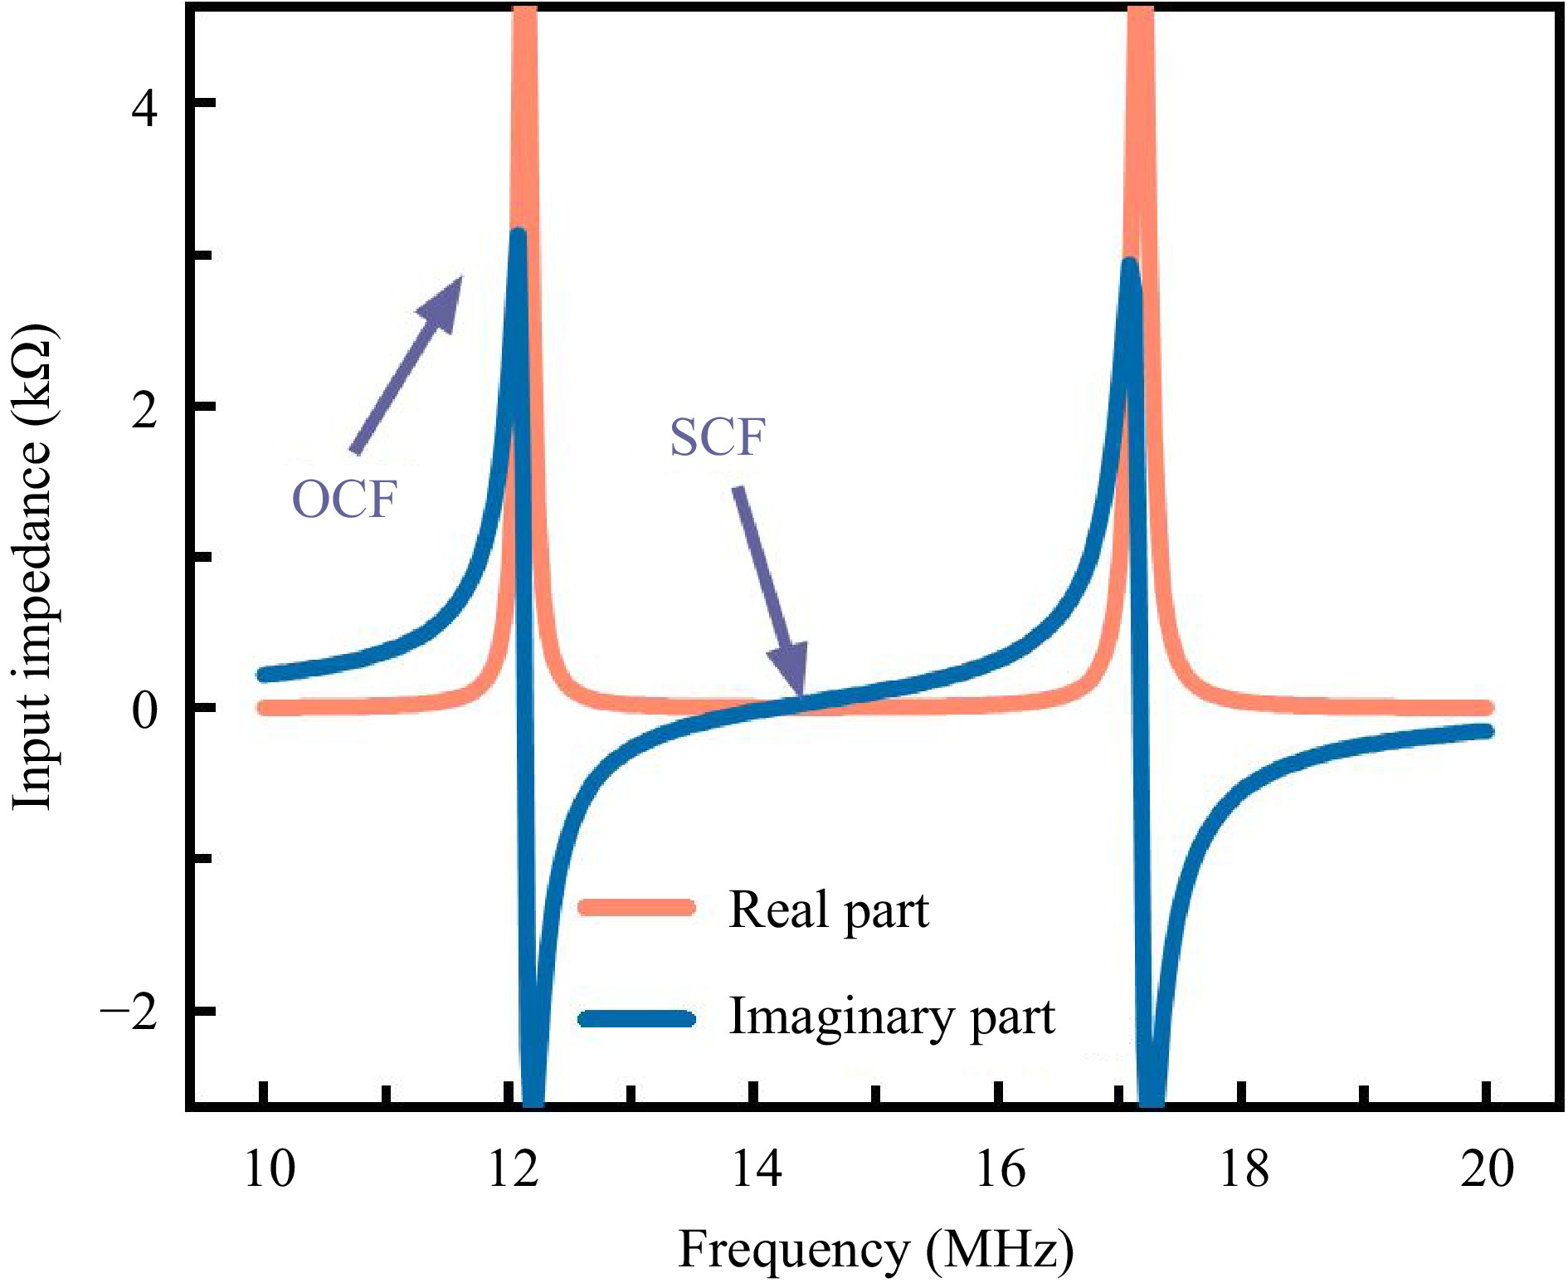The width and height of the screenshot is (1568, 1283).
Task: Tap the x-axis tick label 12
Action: click(x=514, y=1169)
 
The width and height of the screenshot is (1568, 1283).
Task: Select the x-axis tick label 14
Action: click(x=757, y=1169)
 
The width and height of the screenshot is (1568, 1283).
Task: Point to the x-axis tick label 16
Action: click(x=1001, y=1169)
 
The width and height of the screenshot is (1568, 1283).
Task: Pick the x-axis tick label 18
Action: click(x=1244, y=1169)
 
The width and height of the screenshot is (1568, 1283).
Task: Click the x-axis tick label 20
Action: click(x=1488, y=1169)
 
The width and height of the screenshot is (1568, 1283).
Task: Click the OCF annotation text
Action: click(x=344, y=500)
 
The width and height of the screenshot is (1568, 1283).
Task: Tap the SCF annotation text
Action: click(x=718, y=437)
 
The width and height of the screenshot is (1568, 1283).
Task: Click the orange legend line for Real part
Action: click(x=636, y=907)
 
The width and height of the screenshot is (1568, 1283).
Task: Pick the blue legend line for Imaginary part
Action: click(x=636, y=1018)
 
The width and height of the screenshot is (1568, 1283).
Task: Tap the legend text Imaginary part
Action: click(x=892, y=1017)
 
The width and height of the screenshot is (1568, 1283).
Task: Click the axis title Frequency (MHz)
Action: click(x=875, y=1250)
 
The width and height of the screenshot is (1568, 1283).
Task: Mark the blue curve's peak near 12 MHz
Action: click(x=519, y=237)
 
